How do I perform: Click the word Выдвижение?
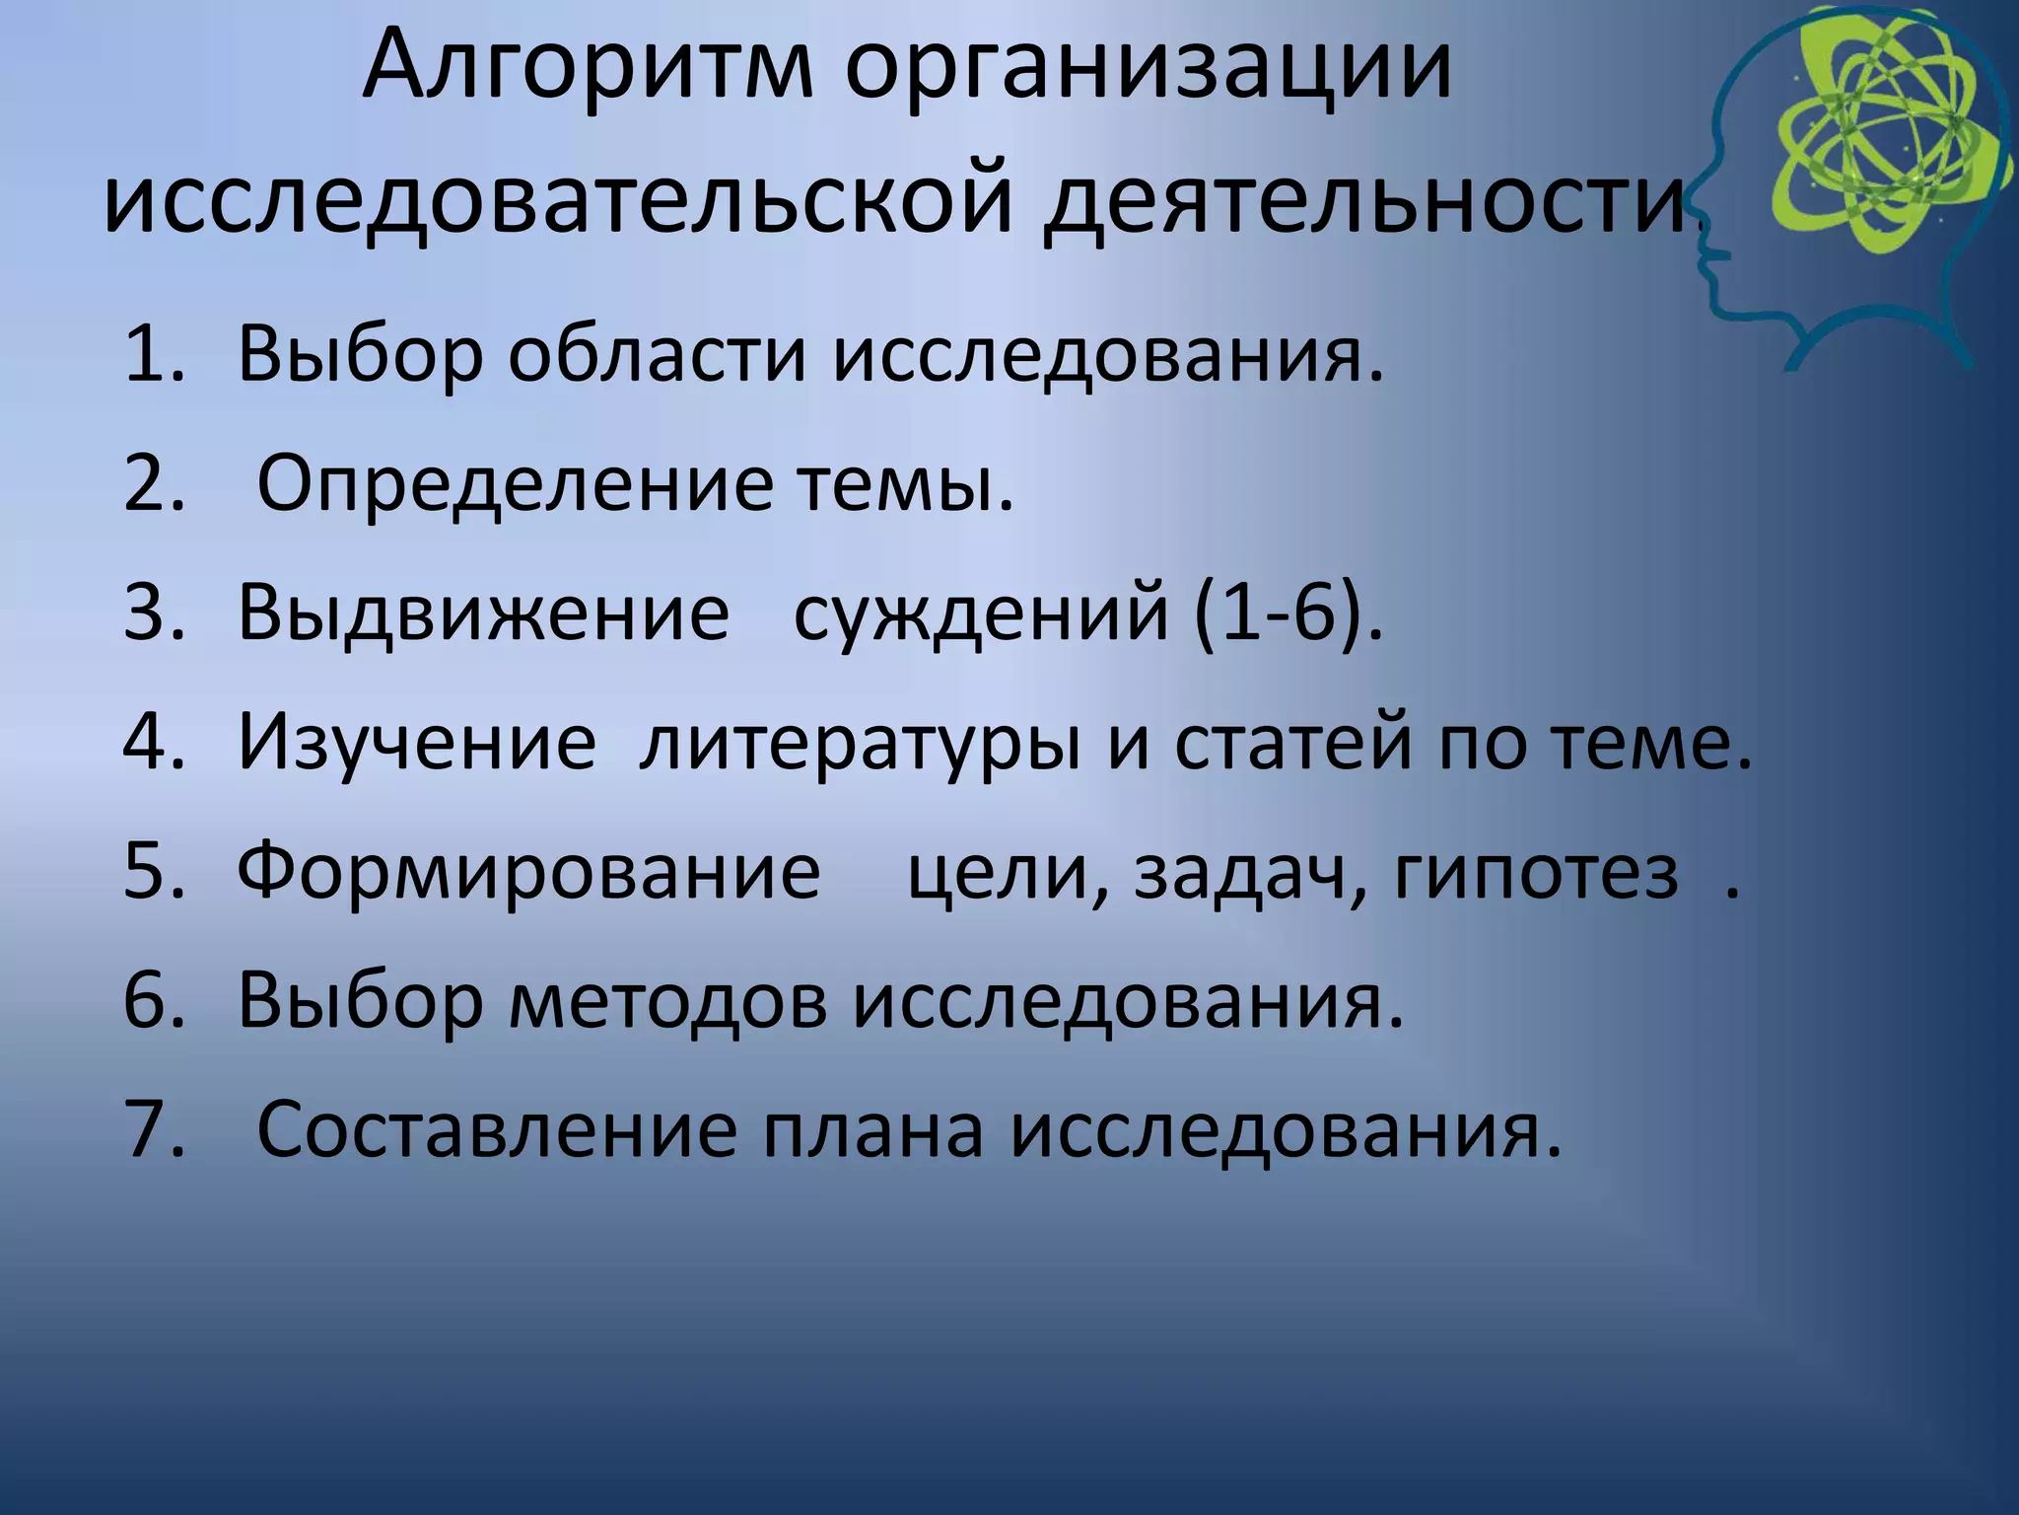(x=483, y=613)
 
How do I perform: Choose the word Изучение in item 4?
(x=417, y=742)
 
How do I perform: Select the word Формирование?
(x=528, y=872)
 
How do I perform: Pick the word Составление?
(x=497, y=1130)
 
